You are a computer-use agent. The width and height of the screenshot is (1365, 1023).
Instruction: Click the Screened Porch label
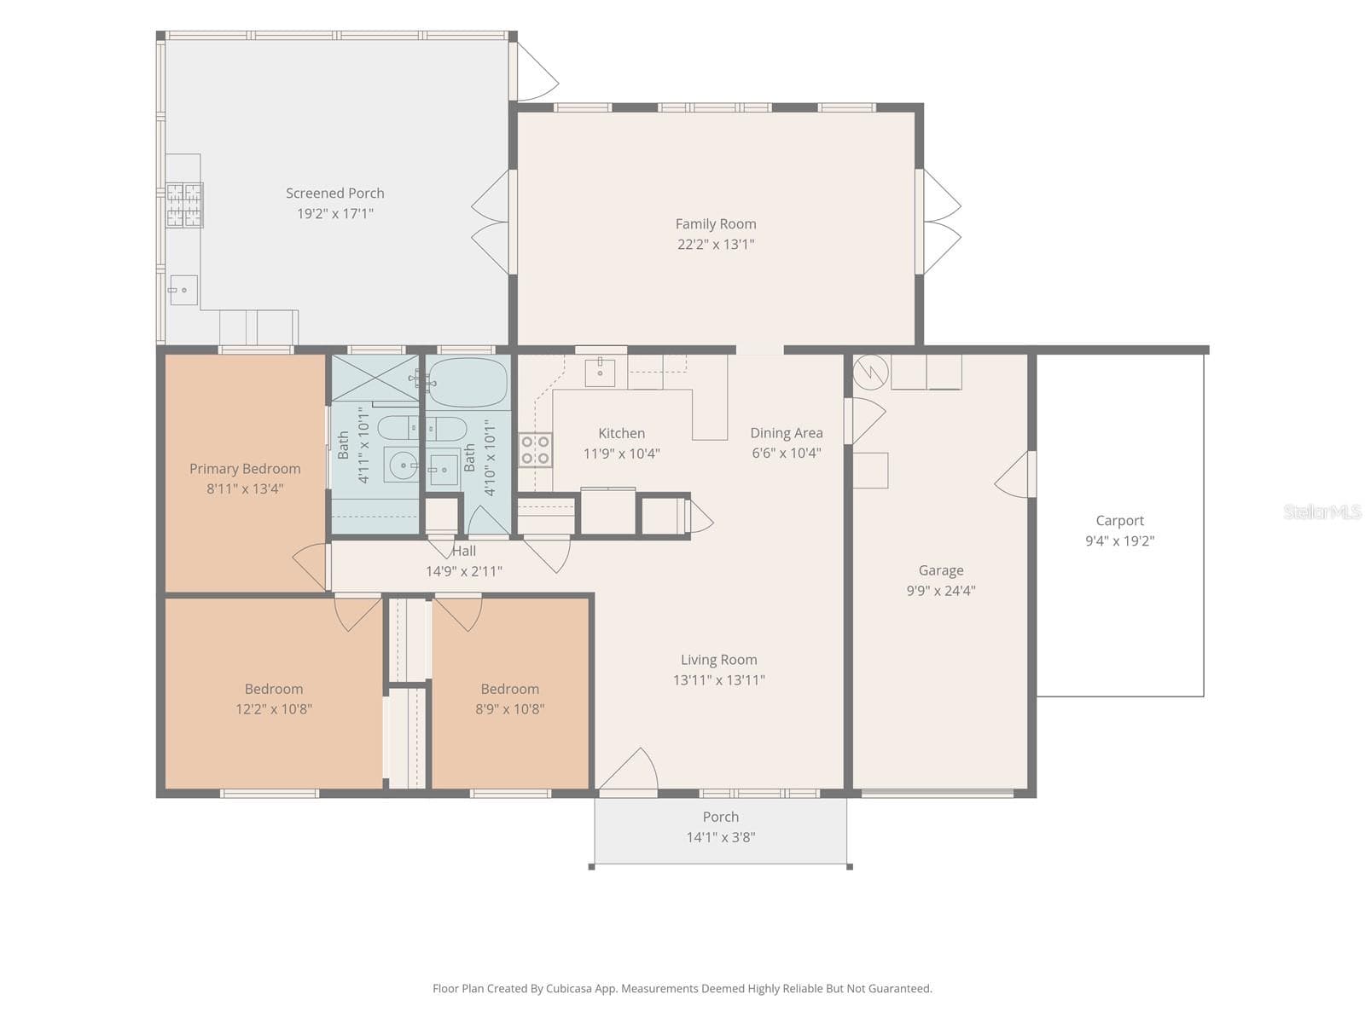pos(334,194)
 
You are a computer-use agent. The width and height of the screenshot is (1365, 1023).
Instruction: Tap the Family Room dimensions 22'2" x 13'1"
pos(716,244)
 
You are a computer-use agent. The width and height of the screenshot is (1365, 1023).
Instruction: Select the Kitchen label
pos(621,433)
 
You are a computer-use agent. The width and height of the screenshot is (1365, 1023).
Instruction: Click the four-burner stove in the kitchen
pos(536,450)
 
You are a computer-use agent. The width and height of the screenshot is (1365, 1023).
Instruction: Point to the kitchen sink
pos(600,373)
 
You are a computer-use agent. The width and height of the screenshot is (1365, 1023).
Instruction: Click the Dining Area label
pos(786,433)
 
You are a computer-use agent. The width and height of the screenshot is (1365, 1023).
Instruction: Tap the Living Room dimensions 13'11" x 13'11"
pos(719,679)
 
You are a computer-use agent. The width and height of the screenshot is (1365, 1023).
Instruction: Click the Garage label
pos(941,570)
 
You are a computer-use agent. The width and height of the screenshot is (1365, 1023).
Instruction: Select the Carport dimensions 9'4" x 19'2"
pos(1119,540)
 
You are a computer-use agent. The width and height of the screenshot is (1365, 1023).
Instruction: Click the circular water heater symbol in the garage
pos(871,372)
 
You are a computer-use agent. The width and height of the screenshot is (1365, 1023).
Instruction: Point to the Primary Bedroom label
pos(245,469)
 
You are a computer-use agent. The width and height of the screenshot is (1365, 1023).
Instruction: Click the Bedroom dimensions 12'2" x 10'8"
pos(274,708)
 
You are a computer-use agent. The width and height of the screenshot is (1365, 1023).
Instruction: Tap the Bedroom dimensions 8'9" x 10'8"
pos(510,708)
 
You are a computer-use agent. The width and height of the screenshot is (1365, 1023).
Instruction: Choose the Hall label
pos(464,551)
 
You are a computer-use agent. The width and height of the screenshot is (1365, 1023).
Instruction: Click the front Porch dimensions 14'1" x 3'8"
pos(721,837)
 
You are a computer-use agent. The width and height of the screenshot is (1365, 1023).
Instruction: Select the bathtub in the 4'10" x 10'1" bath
pos(468,382)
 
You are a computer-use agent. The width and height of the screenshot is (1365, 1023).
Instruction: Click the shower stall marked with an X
pos(375,378)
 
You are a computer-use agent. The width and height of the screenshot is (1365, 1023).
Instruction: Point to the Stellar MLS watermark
pos(1322,511)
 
